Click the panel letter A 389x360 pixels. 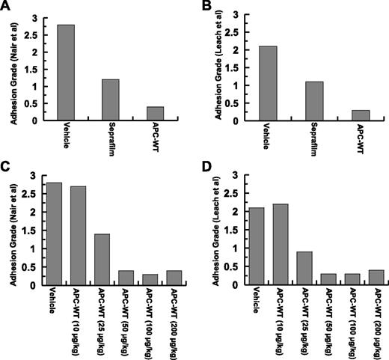pyautogui.click(x=6, y=7)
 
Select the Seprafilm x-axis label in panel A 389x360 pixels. pyautogui.click(x=111, y=143)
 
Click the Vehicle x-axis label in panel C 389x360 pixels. pyautogui.click(x=53, y=301)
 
